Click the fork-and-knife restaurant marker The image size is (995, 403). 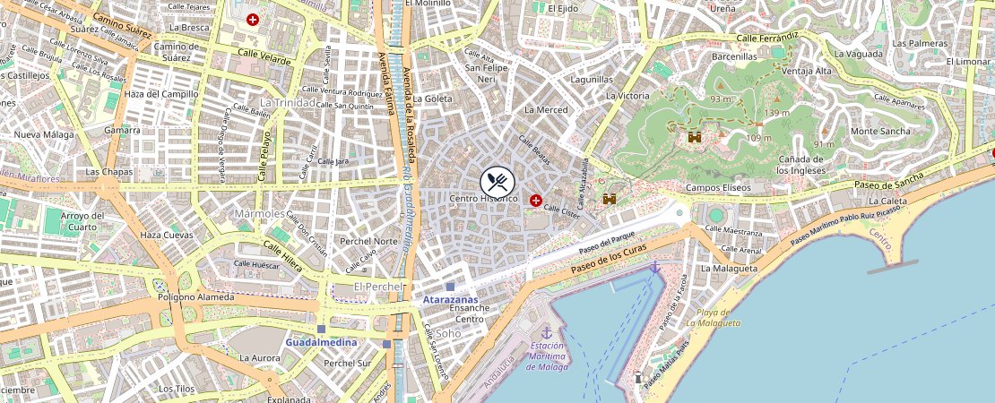pyautogui.click(x=498, y=182)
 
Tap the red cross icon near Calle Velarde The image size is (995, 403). pyautogui.click(x=254, y=19)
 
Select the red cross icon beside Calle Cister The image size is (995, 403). pyautogui.click(x=536, y=201)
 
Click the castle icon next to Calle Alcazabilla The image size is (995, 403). pyautogui.click(x=610, y=199)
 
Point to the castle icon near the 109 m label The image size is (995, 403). pyautogui.click(x=695, y=137)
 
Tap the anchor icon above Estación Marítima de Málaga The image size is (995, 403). pyautogui.click(x=547, y=332)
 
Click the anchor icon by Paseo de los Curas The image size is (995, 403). pyautogui.click(x=654, y=268)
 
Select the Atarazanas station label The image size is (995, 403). pyautogui.click(x=450, y=300)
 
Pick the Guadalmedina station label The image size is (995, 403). pyautogui.click(x=321, y=342)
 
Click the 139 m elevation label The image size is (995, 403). pyautogui.click(x=776, y=113)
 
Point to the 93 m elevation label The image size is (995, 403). pyautogui.click(x=721, y=99)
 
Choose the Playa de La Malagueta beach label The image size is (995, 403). pyautogui.click(x=714, y=317)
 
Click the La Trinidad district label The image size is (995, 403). pyautogui.click(x=288, y=102)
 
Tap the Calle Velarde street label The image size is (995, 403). pyautogui.click(x=264, y=56)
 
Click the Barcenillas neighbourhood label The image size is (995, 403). pyautogui.click(x=734, y=56)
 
